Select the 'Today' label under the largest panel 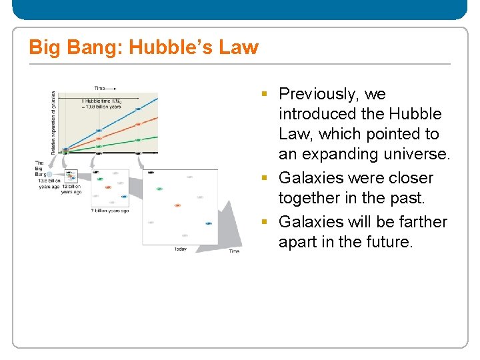(181, 249)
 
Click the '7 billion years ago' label (109, 211)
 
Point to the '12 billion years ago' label (71, 189)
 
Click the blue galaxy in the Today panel (209, 224)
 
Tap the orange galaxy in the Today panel (177, 205)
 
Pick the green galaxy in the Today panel (159, 189)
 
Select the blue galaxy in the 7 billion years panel (124, 197)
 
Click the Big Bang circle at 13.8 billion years (49, 175)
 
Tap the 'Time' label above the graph (100, 88)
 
